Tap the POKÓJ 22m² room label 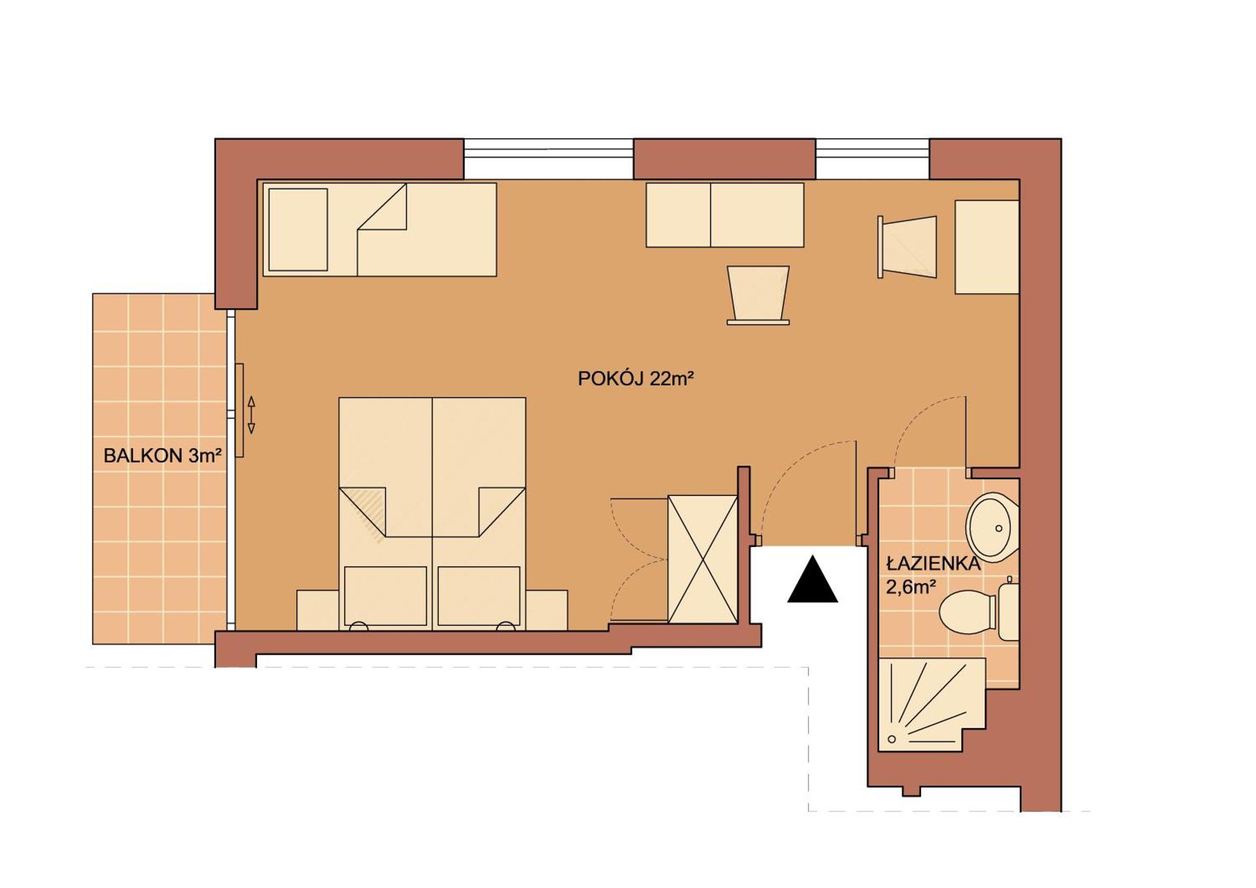pyautogui.click(x=635, y=379)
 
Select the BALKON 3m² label pyautogui.click(x=162, y=455)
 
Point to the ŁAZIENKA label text pyautogui.click(x=933, y=564)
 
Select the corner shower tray pyautogui.click(x=929, y=704)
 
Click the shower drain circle pyautogui.click(x=892, y=739)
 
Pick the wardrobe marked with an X pyautogui.click(x=703, y=559)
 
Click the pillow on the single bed pyautogui.click(x=298, y=230)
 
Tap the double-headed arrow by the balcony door pyautogui.click(x=251, y=415)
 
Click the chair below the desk pyautogui.click(x=758, y=294)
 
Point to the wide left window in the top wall pyautogui.click(x=548, y=158)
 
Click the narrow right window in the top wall pyautogui.click(x=872, y=158)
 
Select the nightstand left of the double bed pyautogui.click(x=317, y=610)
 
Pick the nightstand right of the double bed pyautogui.click(x=547, y=610)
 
